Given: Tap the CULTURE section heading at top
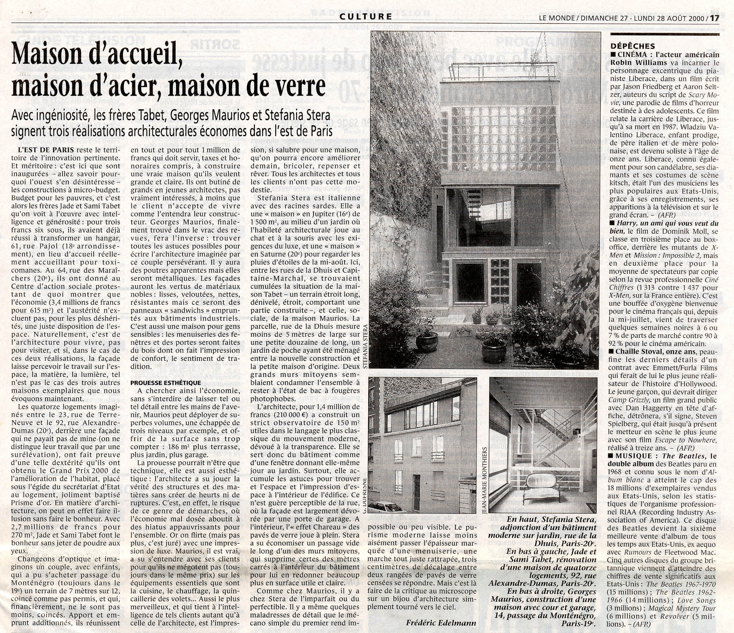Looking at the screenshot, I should point(366,16).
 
